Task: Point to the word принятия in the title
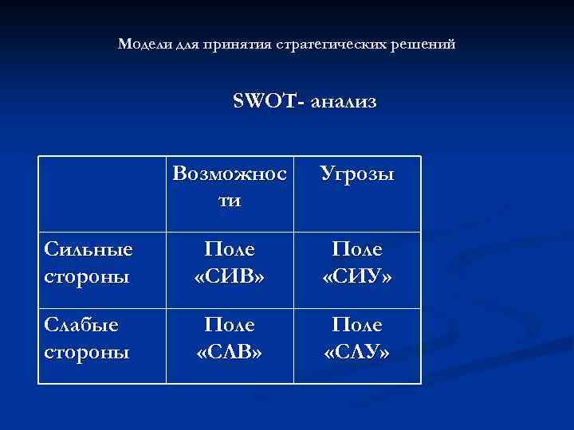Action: [233, 44]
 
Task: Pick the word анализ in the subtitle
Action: [344, 102]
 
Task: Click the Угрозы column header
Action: [356, 174]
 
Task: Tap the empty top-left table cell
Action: [102, 193]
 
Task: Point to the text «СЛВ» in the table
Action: [229, 351]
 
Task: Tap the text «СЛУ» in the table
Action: [356, 351]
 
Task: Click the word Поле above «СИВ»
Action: [229, 249]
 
